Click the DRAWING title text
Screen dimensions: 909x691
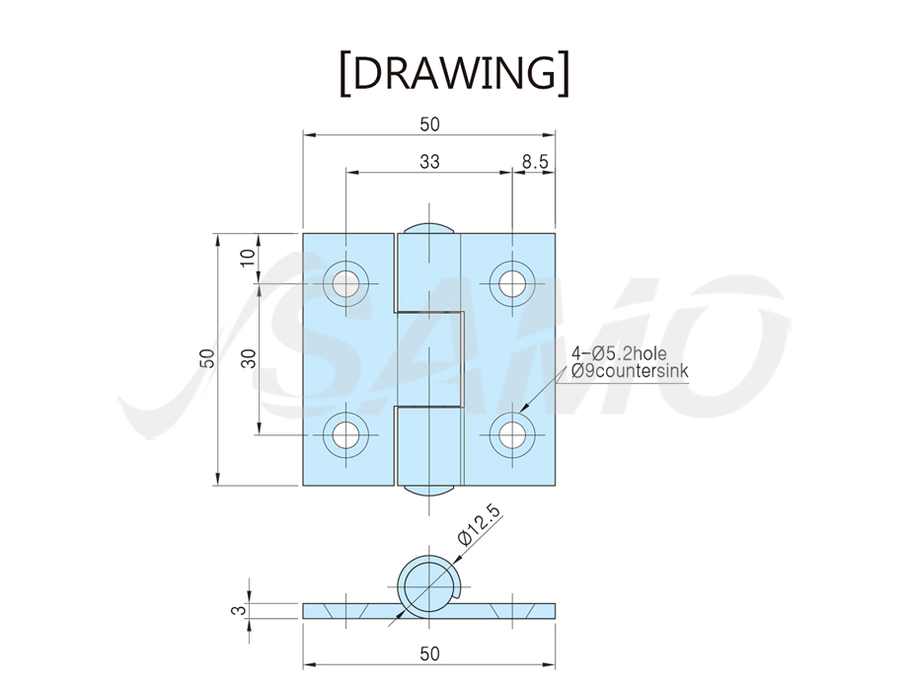tap(454, 73)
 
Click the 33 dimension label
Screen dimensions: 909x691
tap(429, 161)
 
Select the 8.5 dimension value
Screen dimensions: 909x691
tap(535, 161)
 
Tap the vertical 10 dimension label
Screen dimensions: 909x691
tap(248, 258)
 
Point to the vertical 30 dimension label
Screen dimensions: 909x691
tap(248, 359)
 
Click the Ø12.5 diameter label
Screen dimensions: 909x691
tap(479, 524)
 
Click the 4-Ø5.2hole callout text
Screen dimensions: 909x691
tap(619, 353)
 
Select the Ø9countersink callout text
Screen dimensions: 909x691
tap(630, 371)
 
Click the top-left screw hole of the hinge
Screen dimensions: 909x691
tap(346, 283)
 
